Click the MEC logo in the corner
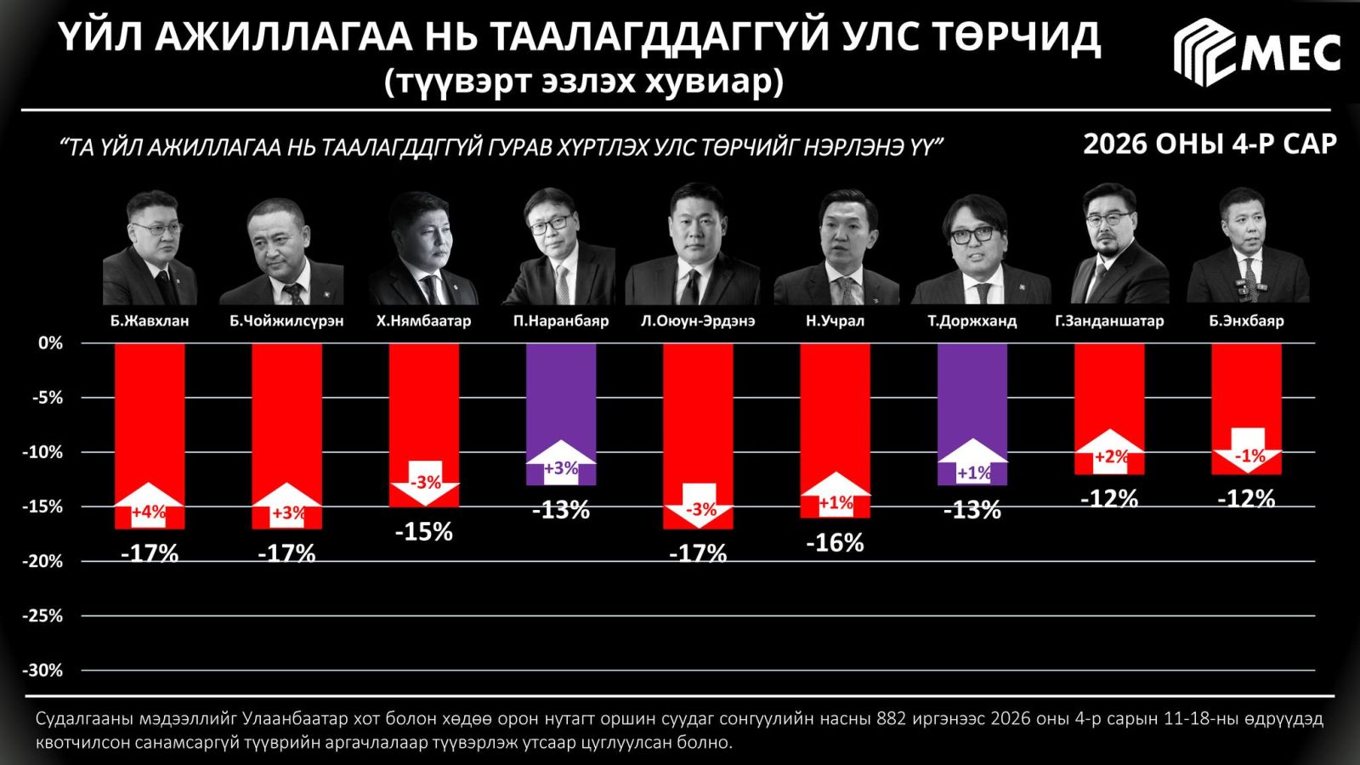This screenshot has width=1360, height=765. pyautogui.click(x=1256, y=53)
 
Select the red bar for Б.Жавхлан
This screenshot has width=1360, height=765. pyautogui.click(x=150, y=408)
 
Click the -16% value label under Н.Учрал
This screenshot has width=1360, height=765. pyautogui.click(x=835, y=543)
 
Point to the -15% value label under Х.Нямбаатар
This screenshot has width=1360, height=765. pyautogui.click(x=424, y=532)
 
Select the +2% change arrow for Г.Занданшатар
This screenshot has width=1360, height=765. pyautogui.click(x=1110, y=454)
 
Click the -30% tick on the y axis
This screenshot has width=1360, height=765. pyautogui.click(x=42, y=671)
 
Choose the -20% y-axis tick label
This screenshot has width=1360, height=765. pyautogui.click(x=42, y=561)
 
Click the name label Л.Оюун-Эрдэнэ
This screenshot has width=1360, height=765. pyautogui.click(x=697, y=321)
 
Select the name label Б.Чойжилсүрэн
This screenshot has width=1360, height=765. pyautogui.click(x=286, y=321)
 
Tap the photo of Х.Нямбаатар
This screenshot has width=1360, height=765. pyautogui.click(x=423, y=248)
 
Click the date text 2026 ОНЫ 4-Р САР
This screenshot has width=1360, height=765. pyautogui.click(x=1210, y=144)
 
